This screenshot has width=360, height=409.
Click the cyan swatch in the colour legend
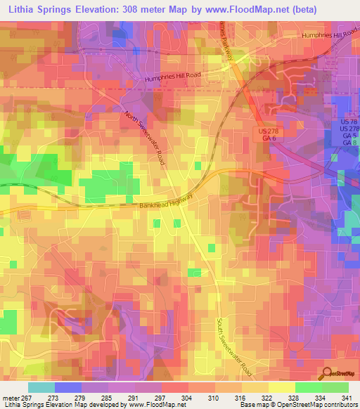41,387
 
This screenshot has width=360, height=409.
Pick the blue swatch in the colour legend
68,387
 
